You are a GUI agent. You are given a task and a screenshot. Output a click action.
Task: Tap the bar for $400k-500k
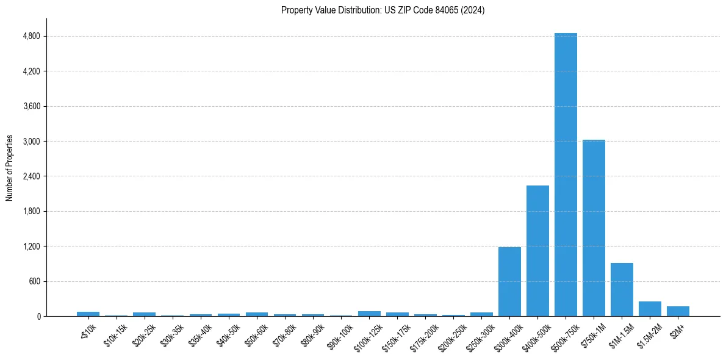537,251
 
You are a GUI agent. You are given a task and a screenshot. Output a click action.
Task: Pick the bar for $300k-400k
509,281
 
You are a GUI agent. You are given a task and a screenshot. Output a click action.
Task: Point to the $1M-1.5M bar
622,289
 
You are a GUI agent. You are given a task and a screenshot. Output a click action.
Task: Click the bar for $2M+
678,311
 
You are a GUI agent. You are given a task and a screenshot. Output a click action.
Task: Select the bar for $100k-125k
369,314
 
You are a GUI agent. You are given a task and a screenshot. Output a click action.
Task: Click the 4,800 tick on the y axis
31,37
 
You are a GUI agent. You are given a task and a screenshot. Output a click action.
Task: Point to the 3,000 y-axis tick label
31,142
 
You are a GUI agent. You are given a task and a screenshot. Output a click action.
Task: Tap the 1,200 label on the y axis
31,247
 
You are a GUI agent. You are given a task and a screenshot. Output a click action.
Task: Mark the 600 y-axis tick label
34,281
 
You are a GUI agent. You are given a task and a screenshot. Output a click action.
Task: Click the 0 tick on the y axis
38,317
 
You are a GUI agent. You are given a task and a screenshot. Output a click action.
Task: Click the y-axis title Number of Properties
10,168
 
